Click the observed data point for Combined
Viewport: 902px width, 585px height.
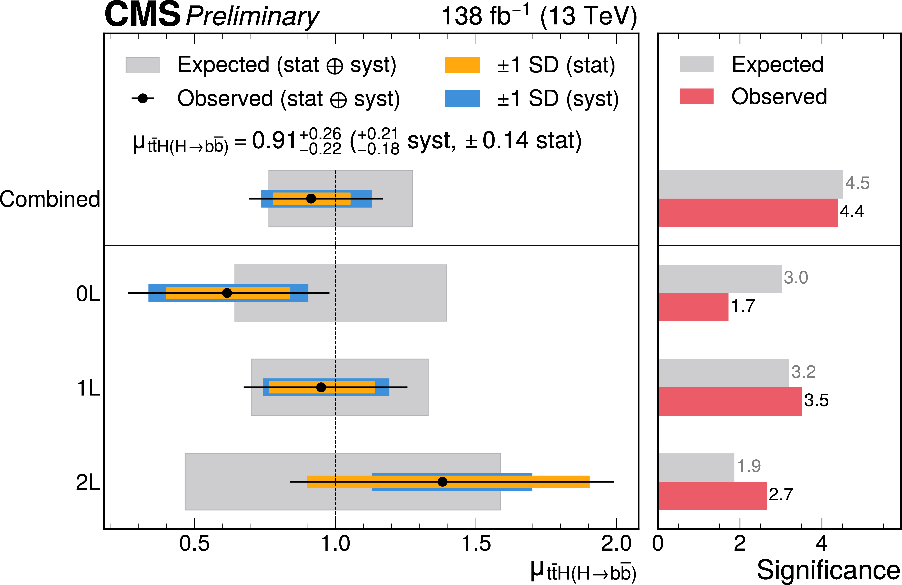311,198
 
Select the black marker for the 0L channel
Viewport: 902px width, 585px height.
227,293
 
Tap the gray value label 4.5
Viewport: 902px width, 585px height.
857,183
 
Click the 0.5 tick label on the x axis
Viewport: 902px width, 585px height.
194,544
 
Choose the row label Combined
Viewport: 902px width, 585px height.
50,199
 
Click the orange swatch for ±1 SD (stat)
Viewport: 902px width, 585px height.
462,65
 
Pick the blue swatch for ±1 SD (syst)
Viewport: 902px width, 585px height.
462,98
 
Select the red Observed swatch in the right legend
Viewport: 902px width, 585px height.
697,96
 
